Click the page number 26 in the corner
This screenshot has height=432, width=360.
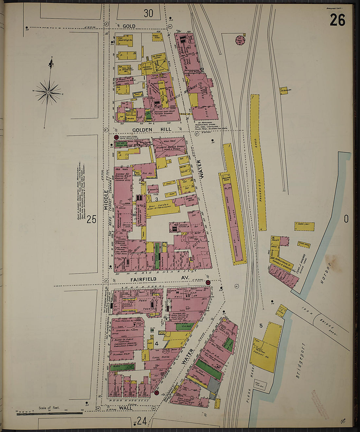coord(337,20)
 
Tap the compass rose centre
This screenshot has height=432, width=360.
coord(48,92)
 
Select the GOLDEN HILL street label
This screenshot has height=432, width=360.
coord(147,130)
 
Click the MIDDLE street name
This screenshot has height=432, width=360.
coord(106,200)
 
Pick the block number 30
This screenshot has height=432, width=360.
coord(148,13)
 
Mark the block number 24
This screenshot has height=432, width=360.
coord(141,421)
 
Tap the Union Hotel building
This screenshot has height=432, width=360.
coord(189,198)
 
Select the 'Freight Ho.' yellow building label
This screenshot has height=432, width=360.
coord(262,353)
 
